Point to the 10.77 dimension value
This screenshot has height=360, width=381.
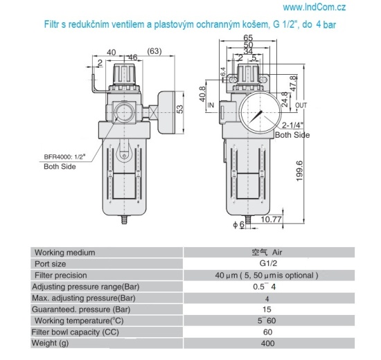pos(271,219)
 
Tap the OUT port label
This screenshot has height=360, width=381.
pos(300,105)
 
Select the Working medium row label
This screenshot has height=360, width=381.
pos(64,252)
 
